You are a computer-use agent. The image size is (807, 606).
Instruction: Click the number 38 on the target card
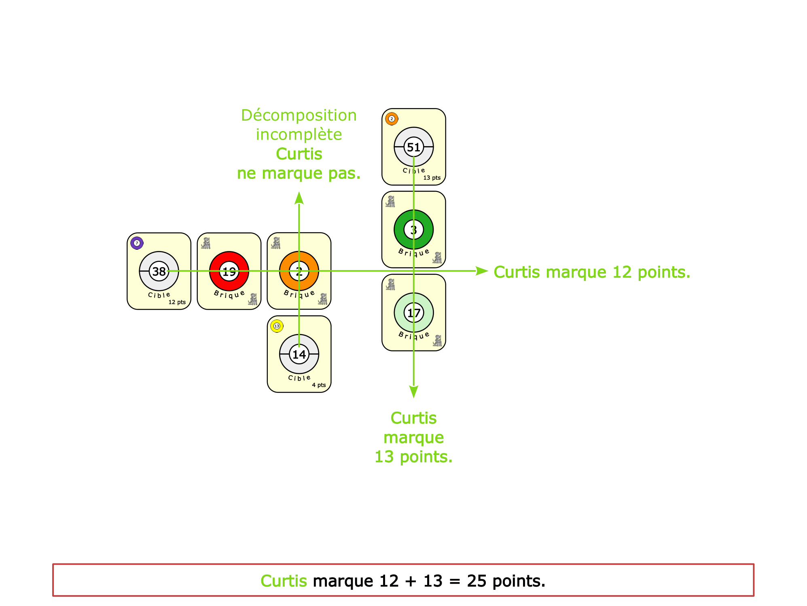point(159,271)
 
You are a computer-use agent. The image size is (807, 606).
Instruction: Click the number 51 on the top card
point(413,147)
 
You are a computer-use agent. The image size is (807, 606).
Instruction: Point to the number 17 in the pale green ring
point(413,313)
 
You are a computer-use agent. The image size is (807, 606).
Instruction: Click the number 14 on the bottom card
point(299,355)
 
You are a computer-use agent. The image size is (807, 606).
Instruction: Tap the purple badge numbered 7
point(137,243)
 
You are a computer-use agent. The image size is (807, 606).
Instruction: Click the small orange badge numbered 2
point(391,119)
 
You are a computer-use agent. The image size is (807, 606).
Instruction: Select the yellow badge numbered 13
point(277,326)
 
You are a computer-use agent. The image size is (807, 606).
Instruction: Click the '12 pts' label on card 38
point(177,302)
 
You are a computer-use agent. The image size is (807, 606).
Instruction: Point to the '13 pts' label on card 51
point(432,178)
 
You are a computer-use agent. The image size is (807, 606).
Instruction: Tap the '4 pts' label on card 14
point(319,385)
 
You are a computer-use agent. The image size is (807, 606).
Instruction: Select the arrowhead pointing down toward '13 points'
point(413,391)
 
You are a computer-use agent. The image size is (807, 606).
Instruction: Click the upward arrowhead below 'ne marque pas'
point(299,198)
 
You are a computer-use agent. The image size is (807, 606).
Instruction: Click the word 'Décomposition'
point(299,115)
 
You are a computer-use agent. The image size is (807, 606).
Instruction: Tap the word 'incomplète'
point(299,134)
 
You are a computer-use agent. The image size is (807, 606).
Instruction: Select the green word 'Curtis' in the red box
point(284,581)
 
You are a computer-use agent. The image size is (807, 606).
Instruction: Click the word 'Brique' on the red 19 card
point(229,294)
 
